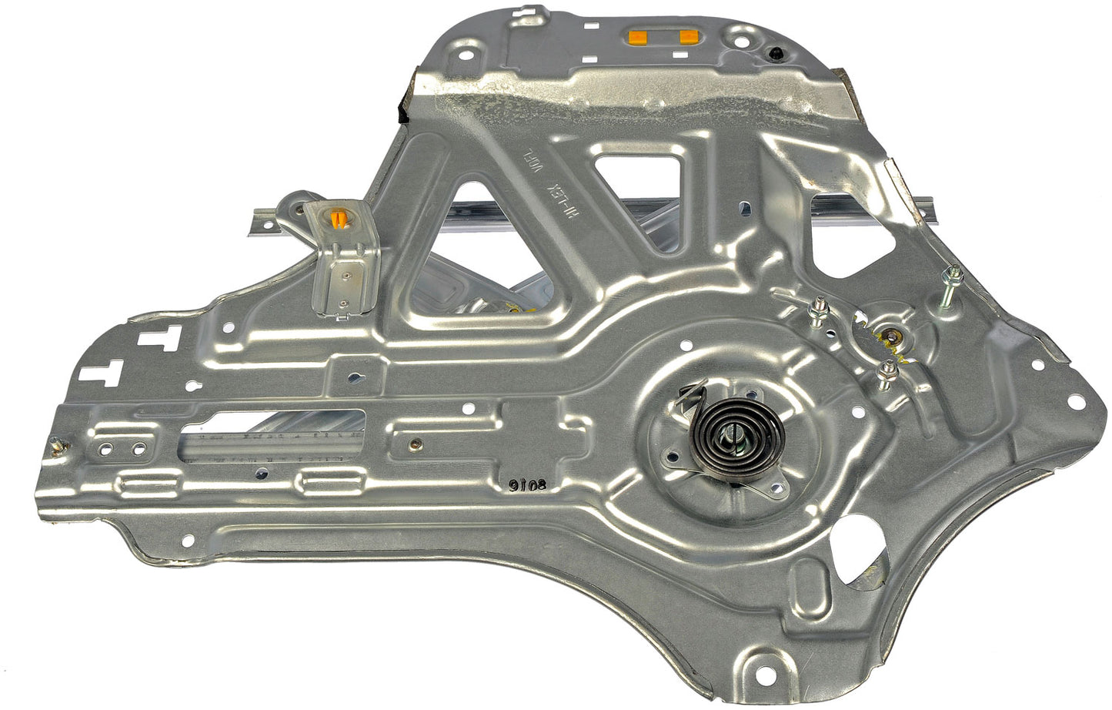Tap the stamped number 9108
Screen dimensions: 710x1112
pyautogui.click(x=526, y=485)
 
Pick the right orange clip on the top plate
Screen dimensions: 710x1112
pyautogui.click(x=688, y=36)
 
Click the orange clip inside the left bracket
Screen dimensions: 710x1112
pyautogui.click(x=339, y=219)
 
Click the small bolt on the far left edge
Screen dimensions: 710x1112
pyautogui.click(x=55, y=444)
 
